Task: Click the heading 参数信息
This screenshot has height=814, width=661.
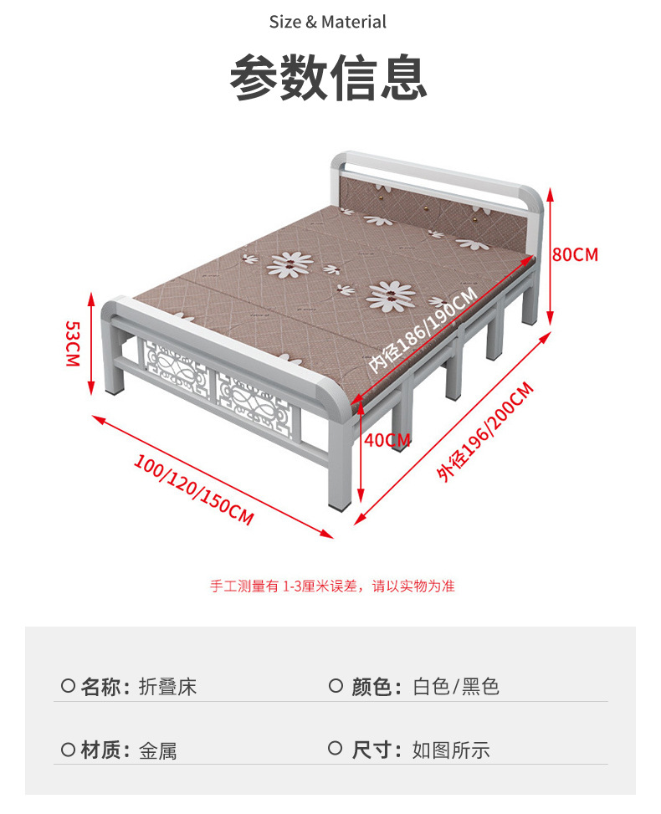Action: point(329,78)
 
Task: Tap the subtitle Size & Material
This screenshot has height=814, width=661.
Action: point(328,22)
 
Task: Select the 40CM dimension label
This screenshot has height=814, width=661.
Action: point(387,440)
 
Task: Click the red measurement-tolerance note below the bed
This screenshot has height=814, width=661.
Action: point(332,586)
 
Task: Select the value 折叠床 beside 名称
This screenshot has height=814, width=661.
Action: point(167,688)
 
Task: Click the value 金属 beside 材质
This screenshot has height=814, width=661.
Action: point(157,750)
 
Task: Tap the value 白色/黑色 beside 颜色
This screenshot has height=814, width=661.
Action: point(456,688)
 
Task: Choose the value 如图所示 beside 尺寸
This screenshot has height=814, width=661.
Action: point(451,750)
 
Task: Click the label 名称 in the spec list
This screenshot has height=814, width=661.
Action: point(104,688)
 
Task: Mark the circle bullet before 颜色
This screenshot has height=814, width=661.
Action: point(336,687)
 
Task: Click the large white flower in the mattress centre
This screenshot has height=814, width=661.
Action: point(390,295)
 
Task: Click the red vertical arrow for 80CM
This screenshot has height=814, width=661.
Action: point(551,255)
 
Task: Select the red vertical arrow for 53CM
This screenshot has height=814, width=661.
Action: point(91,342)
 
